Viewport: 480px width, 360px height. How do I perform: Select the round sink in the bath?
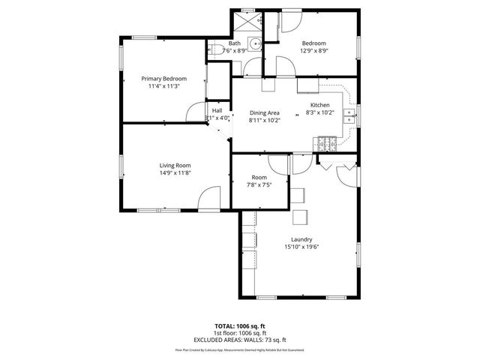coord(255,43)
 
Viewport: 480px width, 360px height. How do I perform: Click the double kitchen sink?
coord(349,115)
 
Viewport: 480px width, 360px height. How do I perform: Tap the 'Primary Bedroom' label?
coord(164,79)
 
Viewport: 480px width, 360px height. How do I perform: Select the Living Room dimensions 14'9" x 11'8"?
coord(175,173)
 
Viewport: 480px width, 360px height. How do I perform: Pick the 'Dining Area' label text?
coord(264,112)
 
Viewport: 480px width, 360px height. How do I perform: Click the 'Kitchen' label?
coord(319,105)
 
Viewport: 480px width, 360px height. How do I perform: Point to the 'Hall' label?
coord(217,111)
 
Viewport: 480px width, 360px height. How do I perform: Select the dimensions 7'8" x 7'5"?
coord(259,184)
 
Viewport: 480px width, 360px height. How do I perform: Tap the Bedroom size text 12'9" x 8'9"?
coord(314,51)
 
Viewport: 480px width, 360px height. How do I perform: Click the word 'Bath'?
coord(234,43)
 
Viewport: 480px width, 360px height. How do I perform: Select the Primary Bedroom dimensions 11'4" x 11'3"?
coord(164,86)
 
